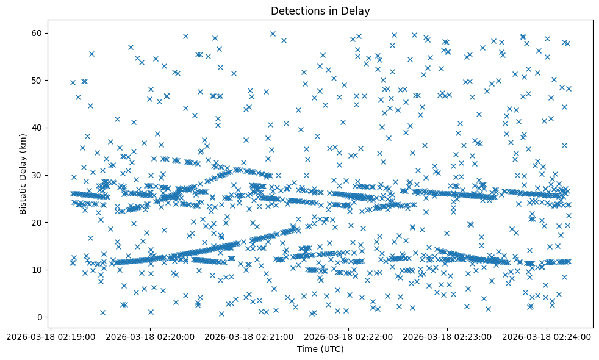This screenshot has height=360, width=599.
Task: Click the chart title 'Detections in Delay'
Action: (320, 11)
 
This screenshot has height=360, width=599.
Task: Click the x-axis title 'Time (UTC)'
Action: (320, 349)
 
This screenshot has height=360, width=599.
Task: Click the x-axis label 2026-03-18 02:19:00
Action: (51, 337)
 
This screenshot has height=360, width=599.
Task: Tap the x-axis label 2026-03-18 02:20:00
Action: (150, 337)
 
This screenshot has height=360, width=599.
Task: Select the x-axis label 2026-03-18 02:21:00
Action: (249, 337)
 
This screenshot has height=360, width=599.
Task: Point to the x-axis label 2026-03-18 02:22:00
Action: (348, 337)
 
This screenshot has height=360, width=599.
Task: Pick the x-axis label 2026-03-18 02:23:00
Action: (447, 337)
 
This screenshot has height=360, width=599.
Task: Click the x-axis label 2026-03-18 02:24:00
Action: (546, 337)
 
